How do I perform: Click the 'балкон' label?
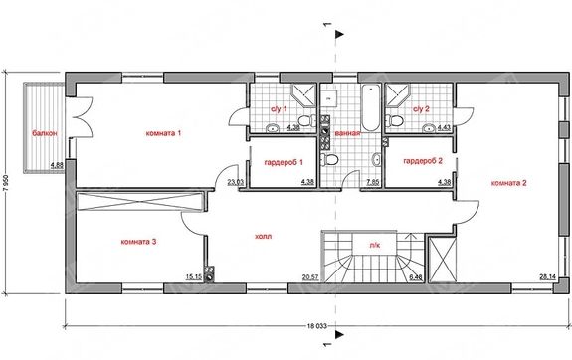[45, 133]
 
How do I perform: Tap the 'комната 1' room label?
[163, 133]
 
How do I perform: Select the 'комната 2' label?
[509, 183]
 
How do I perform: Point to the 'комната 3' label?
[138, 242]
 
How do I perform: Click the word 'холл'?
[263, 237]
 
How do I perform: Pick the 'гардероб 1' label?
[284, 162]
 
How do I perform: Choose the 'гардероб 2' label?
[423, 161]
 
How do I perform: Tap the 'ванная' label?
[347, 133]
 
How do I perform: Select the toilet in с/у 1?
[307, 119]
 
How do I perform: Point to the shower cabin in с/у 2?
[398, 95]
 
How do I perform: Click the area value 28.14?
[547, 277]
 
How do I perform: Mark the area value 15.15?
[194, 277]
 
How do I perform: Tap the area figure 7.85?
[372, 182]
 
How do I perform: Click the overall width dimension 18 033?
[316, 326]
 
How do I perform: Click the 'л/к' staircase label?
[375, 245]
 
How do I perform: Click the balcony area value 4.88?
[57, 165]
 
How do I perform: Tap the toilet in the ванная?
[328, 159]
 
